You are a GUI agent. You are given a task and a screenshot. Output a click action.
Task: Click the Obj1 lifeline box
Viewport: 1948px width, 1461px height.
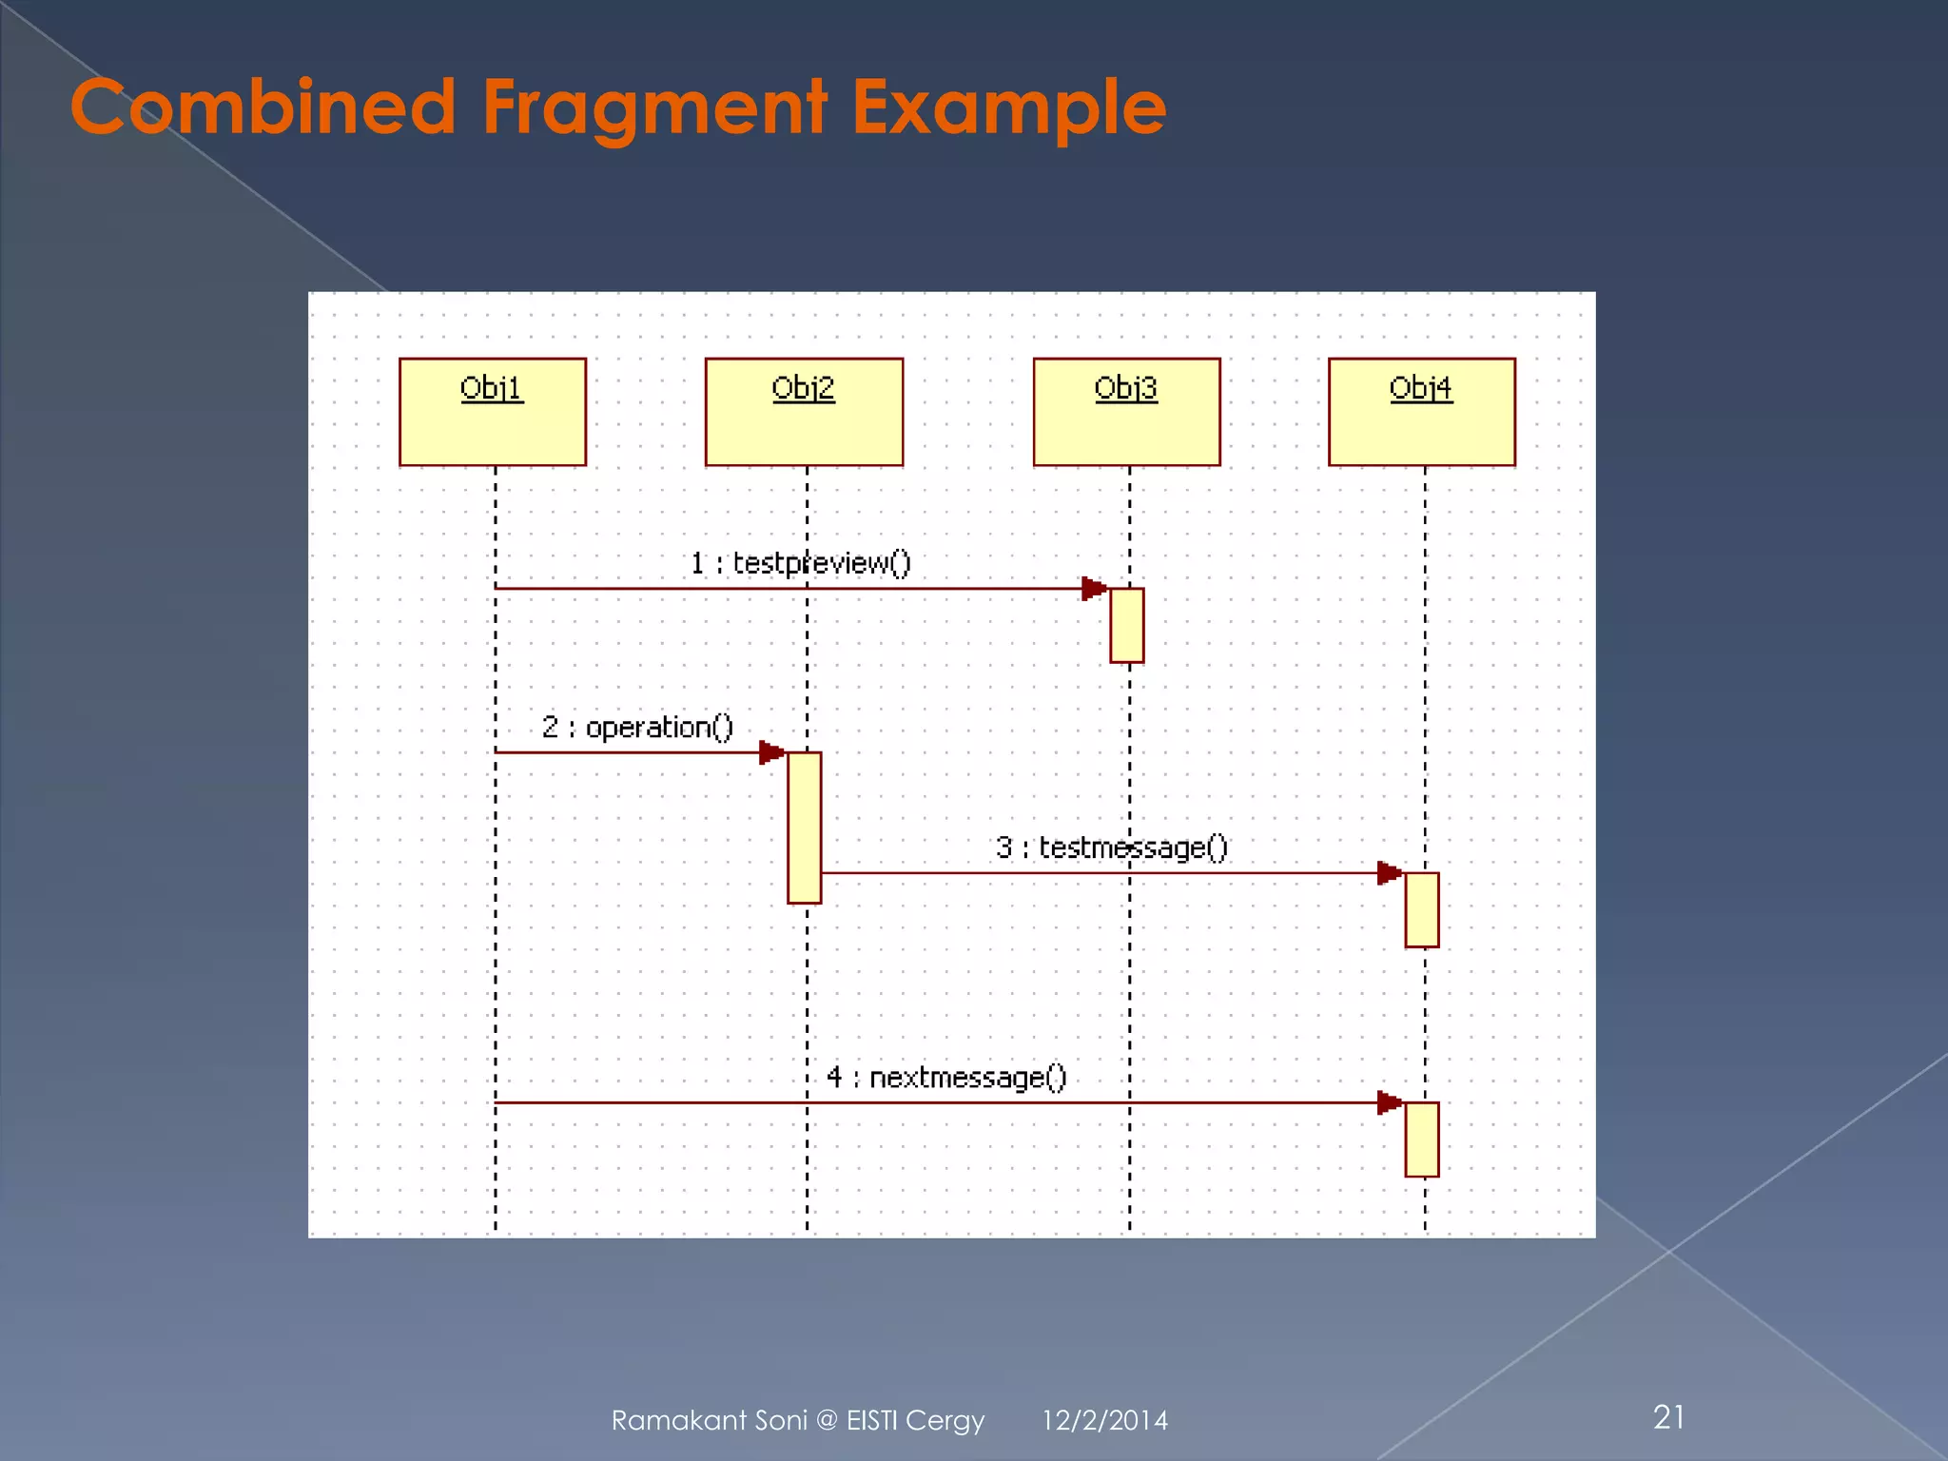click(492, 411)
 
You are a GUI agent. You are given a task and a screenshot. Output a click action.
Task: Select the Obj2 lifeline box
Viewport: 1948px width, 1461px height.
click(804, 411)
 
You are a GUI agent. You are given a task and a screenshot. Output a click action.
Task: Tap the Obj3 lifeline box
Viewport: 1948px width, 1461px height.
click(1126, 411)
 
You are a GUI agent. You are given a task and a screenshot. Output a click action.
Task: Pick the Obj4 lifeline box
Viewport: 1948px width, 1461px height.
click(1421, 411)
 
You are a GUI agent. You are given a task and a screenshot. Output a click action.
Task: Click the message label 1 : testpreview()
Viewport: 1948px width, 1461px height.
click(800, 563)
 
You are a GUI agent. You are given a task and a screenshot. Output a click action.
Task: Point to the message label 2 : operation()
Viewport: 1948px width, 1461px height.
click(637, 728)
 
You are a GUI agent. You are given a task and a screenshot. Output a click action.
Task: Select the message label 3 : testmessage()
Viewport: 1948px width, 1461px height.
click(1112, 847)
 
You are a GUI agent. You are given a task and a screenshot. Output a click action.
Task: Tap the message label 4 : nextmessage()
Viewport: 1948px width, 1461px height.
click(946, 1078)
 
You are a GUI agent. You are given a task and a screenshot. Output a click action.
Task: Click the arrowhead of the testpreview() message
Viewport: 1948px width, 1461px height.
click(1094, 589)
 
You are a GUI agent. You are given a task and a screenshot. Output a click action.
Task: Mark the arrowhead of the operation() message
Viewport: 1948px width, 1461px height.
click(771, 753)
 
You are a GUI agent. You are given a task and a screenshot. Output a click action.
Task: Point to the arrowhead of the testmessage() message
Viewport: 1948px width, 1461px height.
click(1390, 873)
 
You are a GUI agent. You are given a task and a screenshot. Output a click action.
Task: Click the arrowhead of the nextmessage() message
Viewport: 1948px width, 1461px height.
click(1390, 1102)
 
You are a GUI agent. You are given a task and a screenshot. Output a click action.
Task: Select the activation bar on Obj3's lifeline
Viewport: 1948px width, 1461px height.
click(1126, 625)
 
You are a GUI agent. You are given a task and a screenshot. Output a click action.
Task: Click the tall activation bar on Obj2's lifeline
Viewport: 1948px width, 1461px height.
click(804, 828)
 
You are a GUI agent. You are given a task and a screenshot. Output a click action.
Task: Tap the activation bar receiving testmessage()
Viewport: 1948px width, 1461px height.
click(1422, 909)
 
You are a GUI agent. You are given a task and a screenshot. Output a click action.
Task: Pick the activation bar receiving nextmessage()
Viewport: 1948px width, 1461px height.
click(1422, 1140)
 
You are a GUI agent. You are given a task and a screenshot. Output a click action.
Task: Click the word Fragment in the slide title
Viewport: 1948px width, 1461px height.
click(654, 107)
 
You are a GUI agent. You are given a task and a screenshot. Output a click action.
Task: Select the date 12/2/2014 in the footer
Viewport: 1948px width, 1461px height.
click(1104, 1420)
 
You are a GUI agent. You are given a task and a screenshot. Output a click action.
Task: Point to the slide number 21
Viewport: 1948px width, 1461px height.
click(1669, 1417)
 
